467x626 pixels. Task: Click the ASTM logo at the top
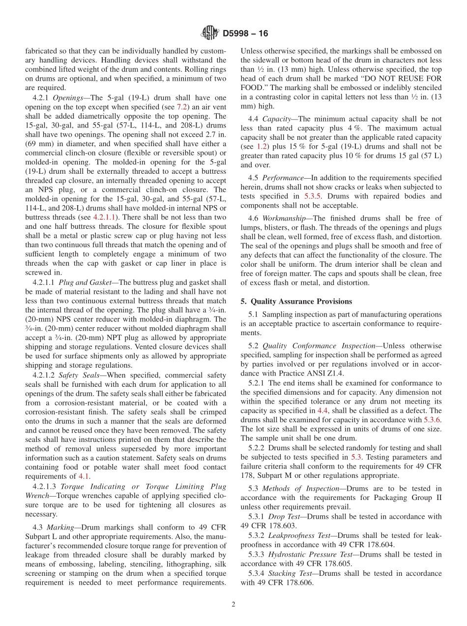(210, 33)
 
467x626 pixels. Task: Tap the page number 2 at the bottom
(233, 604)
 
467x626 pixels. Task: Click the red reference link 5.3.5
(315, 196)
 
